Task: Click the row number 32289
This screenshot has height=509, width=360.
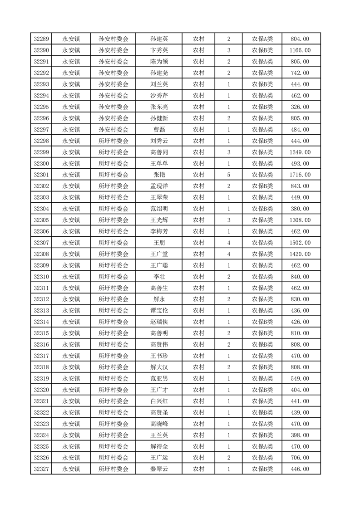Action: click(x=41, y=39)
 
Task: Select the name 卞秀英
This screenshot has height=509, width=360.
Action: click(x=159, y=50)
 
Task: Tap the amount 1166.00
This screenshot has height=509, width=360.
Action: click(x=301, y=50)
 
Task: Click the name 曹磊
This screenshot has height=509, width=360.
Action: click(x=159, y=130)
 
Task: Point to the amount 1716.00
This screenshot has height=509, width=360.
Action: click(x=301, y=175)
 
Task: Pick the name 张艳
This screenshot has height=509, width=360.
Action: click(x=159, y=175)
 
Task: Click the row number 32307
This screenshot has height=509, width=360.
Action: click(x=41, y=243)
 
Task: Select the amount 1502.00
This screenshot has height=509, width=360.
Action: click(x=301, y=243)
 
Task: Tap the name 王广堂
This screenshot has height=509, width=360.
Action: click(x=159, y=254)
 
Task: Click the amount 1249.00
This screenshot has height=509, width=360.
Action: click(x=301, y=152)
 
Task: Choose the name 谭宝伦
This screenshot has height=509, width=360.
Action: click(x=159, y=311)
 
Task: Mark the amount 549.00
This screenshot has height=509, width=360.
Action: click(x=301, y=378)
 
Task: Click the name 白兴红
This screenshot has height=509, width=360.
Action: click(x=159, y=401)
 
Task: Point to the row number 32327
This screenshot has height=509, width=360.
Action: click(x=41, y=469)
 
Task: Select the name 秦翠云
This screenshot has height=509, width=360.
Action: click(x=159, y=469)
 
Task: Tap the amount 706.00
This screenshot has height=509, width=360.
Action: click(x=301, y=458)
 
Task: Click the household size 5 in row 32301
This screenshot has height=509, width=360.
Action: click(x=228, y=175)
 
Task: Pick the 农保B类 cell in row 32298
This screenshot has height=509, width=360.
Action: click(x=262, y=141)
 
